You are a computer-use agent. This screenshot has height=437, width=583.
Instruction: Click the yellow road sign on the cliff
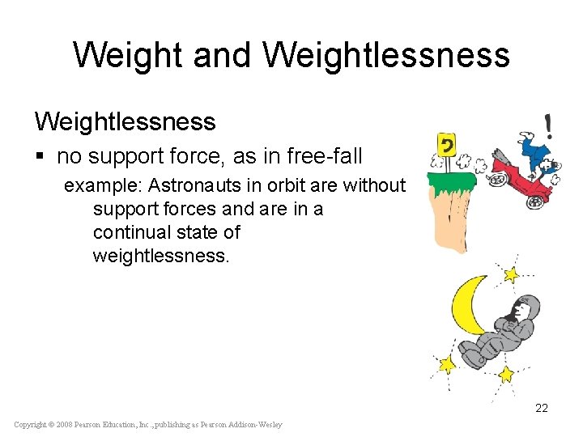click(x=445, y=146)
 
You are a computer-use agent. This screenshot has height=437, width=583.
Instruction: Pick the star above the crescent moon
click(x=510, y=274)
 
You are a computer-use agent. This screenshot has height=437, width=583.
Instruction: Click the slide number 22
click(x=542, y=408)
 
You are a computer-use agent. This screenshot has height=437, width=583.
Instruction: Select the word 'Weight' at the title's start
click(x=121, y=55)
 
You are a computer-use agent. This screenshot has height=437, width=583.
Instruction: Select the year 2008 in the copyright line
click(x=67, y=425)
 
